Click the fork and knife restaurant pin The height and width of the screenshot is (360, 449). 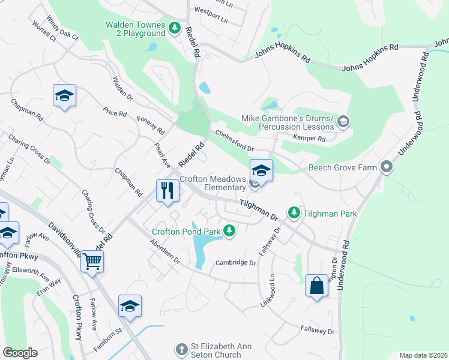pos(167,191)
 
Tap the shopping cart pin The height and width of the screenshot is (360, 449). pos(92,260)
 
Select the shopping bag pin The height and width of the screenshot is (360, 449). pos(316,286)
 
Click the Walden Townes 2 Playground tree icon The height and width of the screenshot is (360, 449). pos(175,28)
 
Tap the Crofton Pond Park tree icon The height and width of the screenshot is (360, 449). pos(229,230)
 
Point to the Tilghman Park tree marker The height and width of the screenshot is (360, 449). pos(294,213)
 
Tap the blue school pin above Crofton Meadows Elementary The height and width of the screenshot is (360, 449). pos(261,170)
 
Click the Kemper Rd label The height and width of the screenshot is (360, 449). pos(309,139)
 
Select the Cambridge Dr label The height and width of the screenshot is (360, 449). pos(236,263)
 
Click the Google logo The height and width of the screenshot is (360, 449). pos(20,353)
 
